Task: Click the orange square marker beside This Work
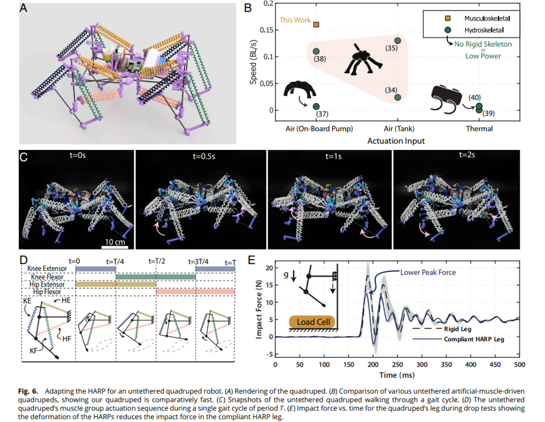tap(316, 25)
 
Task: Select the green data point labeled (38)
tap(316, 52)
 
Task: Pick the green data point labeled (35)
tap(398, 41)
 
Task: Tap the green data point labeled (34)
tap(398, 97)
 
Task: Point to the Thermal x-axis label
tap(479, 128)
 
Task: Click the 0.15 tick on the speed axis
tap(267, 30)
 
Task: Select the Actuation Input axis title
tap(396, 140)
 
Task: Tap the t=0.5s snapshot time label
tap(204, 156)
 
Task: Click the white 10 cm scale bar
tap(115, 247)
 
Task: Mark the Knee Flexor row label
tap(47, 277)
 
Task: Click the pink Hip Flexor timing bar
tap(195, 292)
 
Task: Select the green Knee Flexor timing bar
tap(156, 277)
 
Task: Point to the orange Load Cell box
tap(312, 322)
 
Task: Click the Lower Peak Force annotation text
tap(428, 272)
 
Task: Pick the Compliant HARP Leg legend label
tap(474, 339)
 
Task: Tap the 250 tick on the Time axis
tap(398, 364)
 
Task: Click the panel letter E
tap(251, 261)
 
